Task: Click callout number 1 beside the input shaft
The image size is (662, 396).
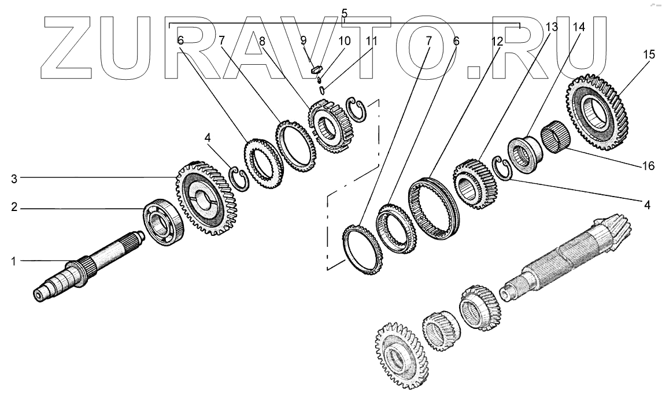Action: [x=13, y=261]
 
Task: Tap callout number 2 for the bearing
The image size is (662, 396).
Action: [x=14, y=208]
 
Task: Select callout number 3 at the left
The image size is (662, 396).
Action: [x=14, y=179]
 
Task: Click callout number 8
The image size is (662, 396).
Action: [x=262, y=42]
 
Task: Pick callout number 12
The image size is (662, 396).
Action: [x=497, y=42]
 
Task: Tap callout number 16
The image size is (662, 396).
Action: [x=648, y=166]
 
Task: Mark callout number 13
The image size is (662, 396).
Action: [x=552, y=27]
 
